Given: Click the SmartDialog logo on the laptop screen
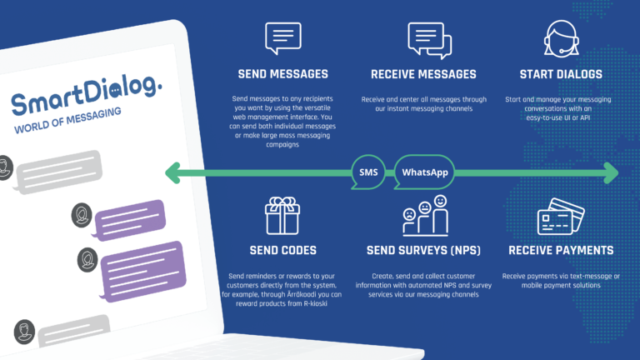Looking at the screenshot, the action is coord(86,95).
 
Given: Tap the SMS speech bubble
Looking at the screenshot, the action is coord(368,172).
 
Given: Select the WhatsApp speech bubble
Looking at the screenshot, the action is coord(424,172).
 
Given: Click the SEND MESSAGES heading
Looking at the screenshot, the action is coord(282,74).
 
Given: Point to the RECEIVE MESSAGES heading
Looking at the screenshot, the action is coord(423,74).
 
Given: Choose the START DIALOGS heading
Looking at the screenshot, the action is coord(561,74).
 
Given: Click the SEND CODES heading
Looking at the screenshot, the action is coord(282,250).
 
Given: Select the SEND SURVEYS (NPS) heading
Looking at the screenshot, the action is coord(423,250).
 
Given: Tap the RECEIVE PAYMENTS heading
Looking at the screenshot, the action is coord(561,250).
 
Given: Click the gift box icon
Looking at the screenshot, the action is coord(282,216).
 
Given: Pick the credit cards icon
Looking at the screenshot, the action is coord(561,217).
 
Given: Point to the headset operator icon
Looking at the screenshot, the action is coord(561,39).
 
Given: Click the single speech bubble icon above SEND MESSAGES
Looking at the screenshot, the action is coord(282,38).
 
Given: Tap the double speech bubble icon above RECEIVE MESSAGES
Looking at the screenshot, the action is coord(429,40).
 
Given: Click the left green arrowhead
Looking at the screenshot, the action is coord(173,172).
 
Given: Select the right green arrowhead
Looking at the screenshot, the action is coord(611,172).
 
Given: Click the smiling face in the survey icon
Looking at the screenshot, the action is coord(440,201).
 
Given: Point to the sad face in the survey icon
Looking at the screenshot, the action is coord(409,215).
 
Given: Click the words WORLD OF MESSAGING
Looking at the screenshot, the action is coord(67,120).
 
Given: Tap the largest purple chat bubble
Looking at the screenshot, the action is coord(142,271).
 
